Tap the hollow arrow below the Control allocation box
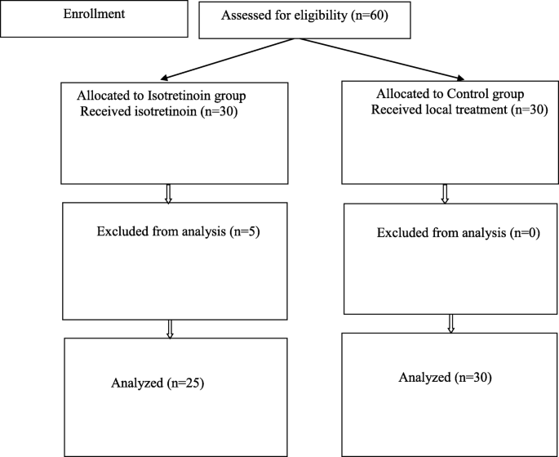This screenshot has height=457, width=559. (x=446, y=194)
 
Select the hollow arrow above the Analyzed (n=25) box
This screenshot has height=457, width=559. (x=169, y=328)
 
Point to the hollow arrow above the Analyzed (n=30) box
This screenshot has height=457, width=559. (x=450, y=323)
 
